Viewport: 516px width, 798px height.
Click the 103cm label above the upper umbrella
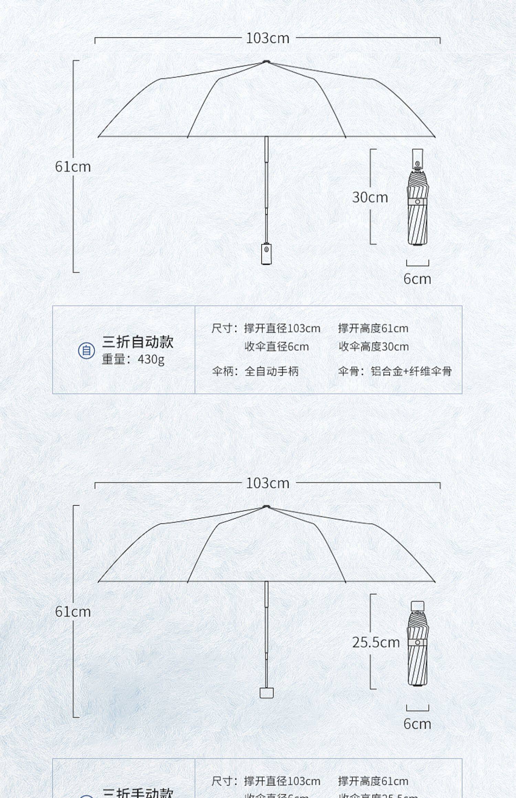[x=268, y=38]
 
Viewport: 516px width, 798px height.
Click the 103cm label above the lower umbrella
[x=268, y=483]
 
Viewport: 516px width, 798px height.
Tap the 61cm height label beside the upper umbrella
[x=73, y=167]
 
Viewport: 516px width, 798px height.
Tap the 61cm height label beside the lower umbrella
[x=73, y=612]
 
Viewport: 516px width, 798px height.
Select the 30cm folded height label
[x=370, y=197]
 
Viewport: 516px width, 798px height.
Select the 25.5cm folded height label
[x=376, y=642]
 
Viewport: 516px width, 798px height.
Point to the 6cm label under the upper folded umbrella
[x=417, y=279]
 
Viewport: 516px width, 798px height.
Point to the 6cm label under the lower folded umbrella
[x=417, y=724]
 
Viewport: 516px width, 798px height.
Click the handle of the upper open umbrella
[x=266, y=254]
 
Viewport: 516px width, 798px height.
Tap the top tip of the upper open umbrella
[x=266, y=62]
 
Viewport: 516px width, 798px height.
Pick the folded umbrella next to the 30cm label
[x=418, y=197]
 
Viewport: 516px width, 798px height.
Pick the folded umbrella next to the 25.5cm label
[x=418, y=643]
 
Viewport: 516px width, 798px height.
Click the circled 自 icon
[x=86, y=351]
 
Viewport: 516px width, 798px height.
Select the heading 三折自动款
[x=138, y=342]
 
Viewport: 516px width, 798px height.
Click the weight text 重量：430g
[x=133, y=359]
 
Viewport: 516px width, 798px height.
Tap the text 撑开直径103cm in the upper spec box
[x=282, y=329]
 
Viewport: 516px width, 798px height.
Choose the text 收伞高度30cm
[x=374, y=347]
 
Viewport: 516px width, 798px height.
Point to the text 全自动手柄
[x=271, y=372]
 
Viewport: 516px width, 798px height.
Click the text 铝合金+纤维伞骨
[x=411, y=372]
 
